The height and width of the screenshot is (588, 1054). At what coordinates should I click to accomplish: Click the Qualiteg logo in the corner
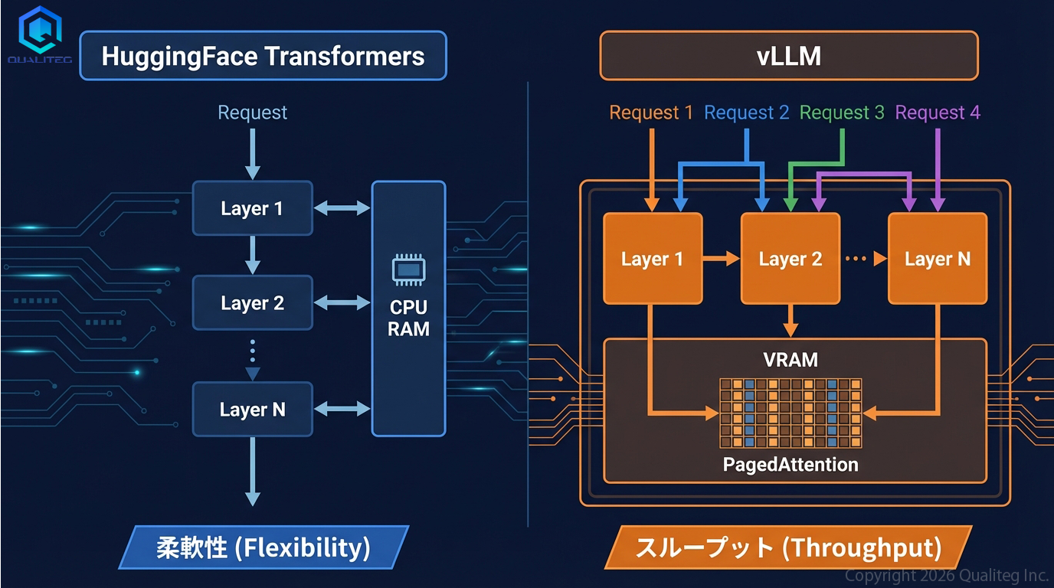[x=39, y=34]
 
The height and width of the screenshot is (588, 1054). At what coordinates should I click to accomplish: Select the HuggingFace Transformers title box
[x=263, y=56]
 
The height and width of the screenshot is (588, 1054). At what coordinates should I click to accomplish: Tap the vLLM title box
[x=788, y=56]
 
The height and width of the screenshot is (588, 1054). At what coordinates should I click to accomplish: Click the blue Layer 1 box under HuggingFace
[x=252, y=208]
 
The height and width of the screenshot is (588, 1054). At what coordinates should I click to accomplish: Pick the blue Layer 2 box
[x=252, y=303]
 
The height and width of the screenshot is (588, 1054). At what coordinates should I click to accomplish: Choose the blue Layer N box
[x=252, y=410]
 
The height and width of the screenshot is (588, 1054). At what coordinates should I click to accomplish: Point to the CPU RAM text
[x=408, y=318]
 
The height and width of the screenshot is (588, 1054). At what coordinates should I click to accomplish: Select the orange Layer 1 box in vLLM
[x=653, y=259]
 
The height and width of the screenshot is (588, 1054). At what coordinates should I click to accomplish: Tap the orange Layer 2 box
[x=790, y=259]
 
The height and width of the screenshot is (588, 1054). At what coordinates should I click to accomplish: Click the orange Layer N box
[x=937, y=259]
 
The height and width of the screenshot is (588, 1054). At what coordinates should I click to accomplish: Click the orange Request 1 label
[x=651, y=113]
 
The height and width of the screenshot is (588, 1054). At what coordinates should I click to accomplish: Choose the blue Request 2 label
[x=746, y=113]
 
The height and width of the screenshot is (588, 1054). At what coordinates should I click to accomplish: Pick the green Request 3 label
[x=842, y=113]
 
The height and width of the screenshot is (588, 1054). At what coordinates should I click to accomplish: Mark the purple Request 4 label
[x=938, y=113]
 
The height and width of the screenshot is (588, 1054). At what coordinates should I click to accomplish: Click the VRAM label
[x=790, y=360]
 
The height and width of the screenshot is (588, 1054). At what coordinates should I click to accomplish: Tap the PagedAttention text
[x=790, y=464]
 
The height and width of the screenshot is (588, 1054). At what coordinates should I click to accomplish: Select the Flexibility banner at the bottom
[x=263, y=547]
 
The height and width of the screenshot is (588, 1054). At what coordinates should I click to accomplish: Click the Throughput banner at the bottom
[x=788, y=547]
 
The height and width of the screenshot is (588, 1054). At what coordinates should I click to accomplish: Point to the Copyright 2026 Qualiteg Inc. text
[x=947, y=575]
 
